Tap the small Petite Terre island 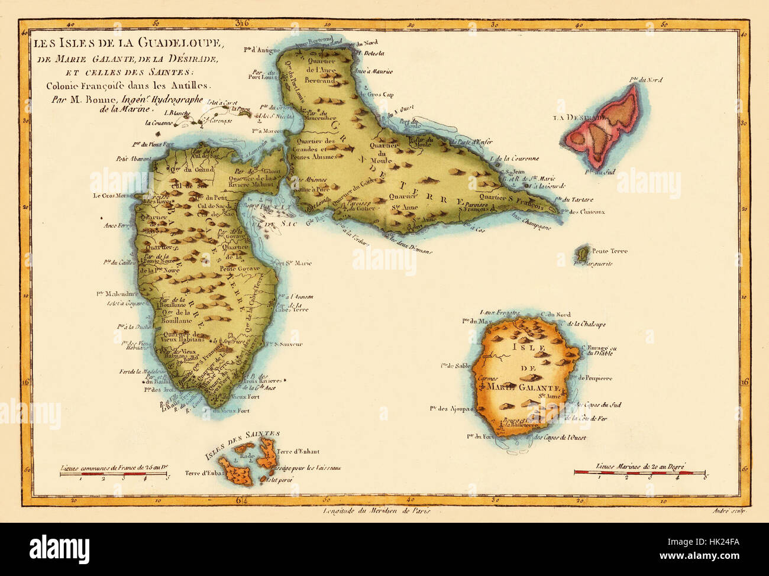pyautogui.click(x=583, y=253)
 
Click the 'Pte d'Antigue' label pyautogui.click(x=261, y=50)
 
